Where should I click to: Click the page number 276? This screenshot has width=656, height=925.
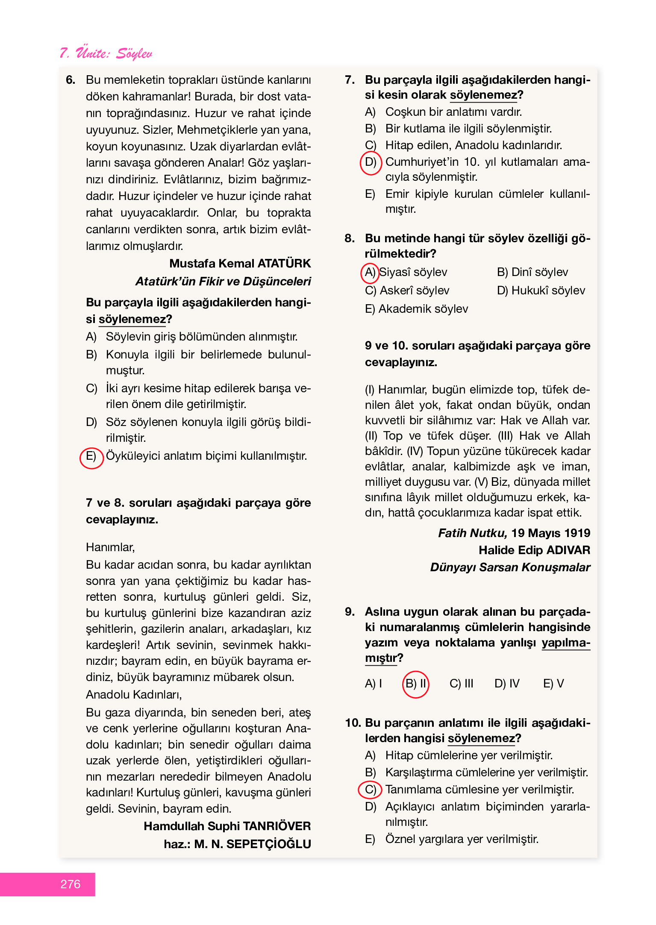coord(71,884)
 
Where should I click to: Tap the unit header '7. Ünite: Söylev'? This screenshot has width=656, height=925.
coord(106,53)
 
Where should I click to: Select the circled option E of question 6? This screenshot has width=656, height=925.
coord(91,456)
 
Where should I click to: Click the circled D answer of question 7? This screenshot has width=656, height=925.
coord(371,163)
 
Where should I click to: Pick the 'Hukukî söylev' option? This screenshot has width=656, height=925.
coord(541,291)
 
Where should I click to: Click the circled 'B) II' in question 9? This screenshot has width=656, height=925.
coord(416,684)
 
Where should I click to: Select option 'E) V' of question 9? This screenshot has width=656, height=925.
coord(553,684)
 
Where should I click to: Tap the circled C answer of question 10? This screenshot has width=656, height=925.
coord(370,790)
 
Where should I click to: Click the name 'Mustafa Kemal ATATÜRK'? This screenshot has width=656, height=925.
coord(240,264)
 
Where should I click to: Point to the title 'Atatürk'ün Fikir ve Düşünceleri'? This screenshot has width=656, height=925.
coord(223,282)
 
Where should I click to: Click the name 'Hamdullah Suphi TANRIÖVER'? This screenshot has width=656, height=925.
coord(227,826)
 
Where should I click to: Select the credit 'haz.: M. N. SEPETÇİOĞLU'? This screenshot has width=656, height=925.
coord(237,844)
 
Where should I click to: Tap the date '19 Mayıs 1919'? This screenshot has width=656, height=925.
coord(550,533)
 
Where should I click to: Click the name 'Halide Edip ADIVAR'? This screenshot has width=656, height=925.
coord(534,550)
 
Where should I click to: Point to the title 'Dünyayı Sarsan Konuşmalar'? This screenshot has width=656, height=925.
coord(510,567)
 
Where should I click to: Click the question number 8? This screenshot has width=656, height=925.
coord(350,238)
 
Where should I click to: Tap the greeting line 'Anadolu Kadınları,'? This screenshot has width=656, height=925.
coord(134,695)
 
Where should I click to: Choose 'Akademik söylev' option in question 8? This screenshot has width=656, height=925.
coord(417,309)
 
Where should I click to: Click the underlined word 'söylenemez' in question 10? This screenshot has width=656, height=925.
coord(481,738)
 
